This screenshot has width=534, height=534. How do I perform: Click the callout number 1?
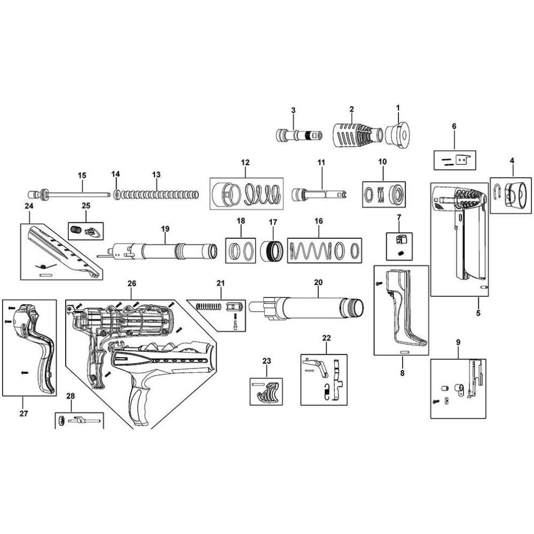point(398,108)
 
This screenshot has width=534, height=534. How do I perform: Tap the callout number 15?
point(82,175)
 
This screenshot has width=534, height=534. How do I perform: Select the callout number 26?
point(131,284)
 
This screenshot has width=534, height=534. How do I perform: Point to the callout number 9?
point(458,341)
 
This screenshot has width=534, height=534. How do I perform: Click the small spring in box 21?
point(209,307)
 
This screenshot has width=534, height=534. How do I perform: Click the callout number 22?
point(326,338)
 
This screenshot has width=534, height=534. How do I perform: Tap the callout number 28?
point(70,396)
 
